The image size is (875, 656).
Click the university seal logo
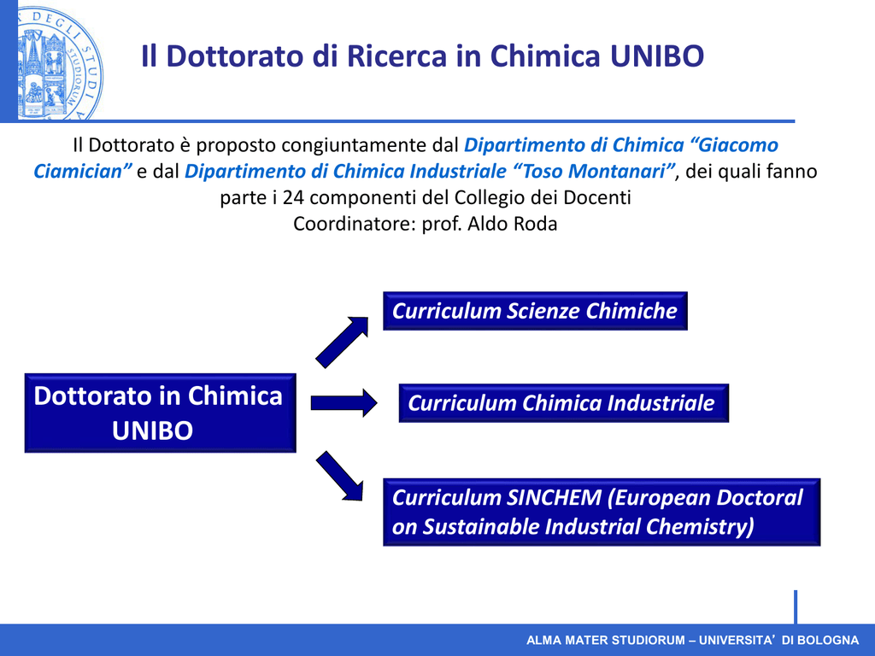pos(60,61)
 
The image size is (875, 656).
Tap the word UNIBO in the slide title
pos(657,56)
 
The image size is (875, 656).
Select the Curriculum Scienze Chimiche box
pos(535,311)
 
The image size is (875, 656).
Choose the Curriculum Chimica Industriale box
pos(564,403)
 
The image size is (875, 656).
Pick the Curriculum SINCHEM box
pos(602,512)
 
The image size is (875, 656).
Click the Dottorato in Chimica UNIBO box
pos(160,413)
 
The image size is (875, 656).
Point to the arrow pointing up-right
pos(343,342)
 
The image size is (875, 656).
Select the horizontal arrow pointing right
pos(344,403)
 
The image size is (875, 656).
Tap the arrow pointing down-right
pos(340,476)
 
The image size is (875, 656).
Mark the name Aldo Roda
pos(513,224)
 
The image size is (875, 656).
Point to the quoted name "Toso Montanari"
pos(594,171)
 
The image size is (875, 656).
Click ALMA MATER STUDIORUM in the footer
pos(605,641)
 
